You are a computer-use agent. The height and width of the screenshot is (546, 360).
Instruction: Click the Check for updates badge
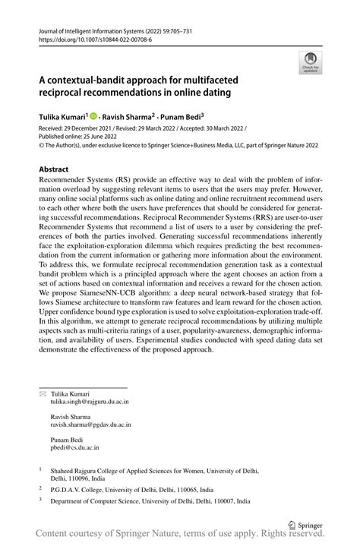pyautogui.click(x=310, y=63)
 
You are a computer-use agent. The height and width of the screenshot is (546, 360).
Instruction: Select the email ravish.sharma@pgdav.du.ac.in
pyautogui.click(x=90, y=425)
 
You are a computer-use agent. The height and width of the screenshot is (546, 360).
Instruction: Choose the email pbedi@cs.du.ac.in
pyautogui.click(x=76, y=448)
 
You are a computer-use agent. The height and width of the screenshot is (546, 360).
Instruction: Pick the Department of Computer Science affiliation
pyautogui.click(x=151, y=503)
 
